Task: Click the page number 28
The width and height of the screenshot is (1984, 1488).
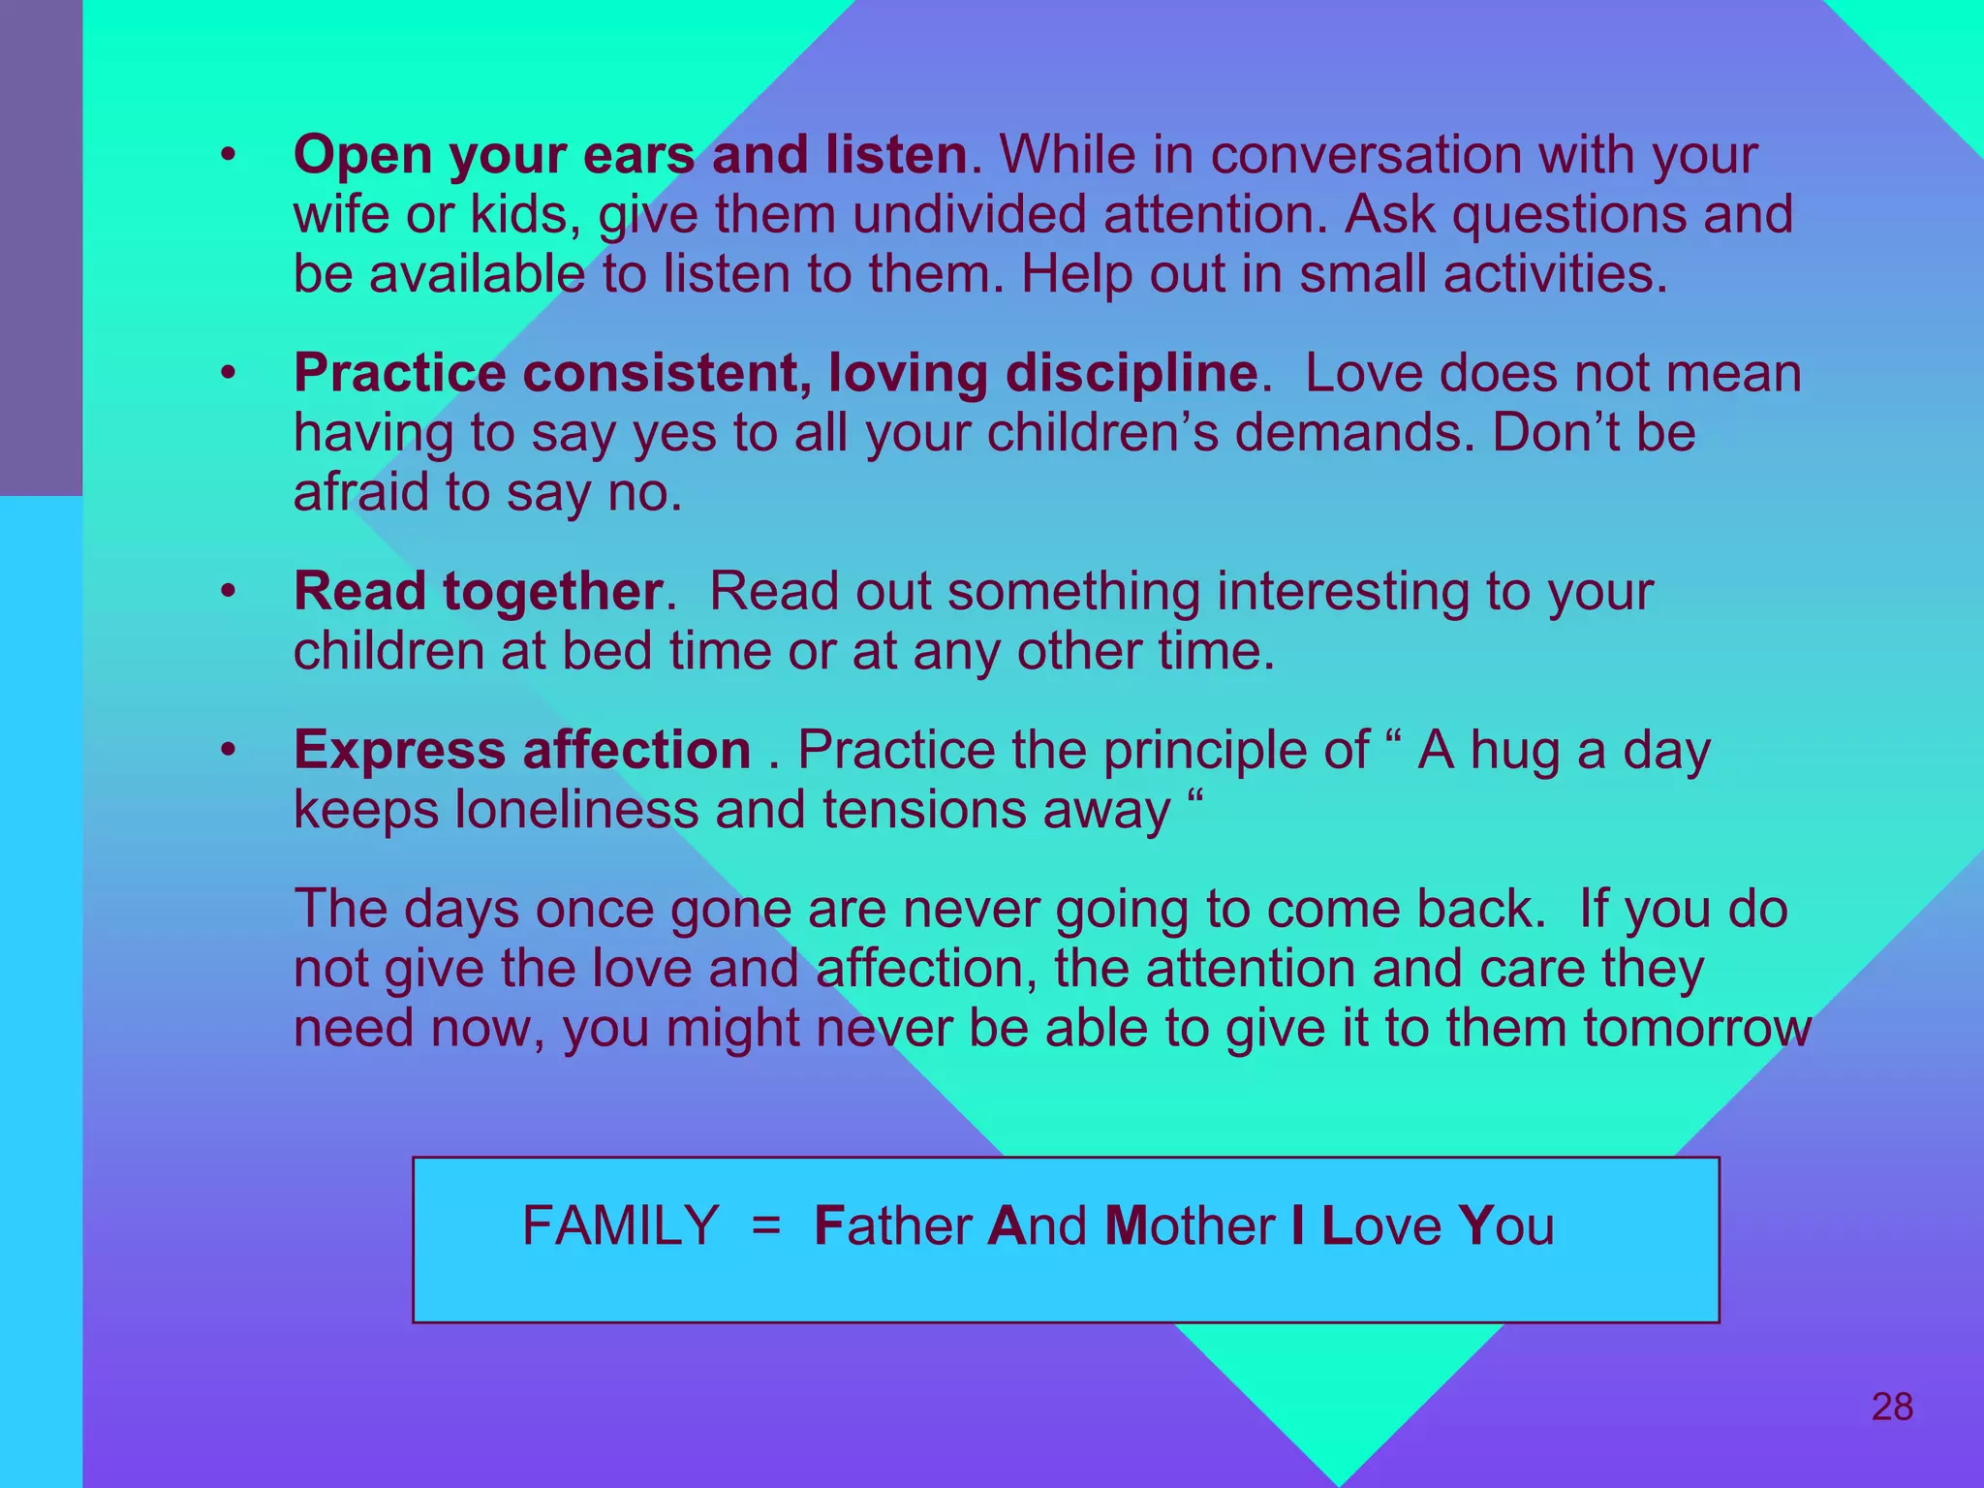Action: click(x=1892, y=1407)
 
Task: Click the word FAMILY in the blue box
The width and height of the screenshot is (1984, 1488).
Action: click(x=620, y=1225)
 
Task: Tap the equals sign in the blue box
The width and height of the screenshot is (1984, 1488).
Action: click(x=765, y=1225)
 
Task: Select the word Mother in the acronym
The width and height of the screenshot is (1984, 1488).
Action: click(x=1190, y=1225)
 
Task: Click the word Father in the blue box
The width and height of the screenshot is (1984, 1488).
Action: click(x=892, y=1225)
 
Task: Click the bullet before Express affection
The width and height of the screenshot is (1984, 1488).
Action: click(x=228, y=750)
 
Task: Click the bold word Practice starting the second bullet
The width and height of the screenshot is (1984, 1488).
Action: click(x=399, y=374)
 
